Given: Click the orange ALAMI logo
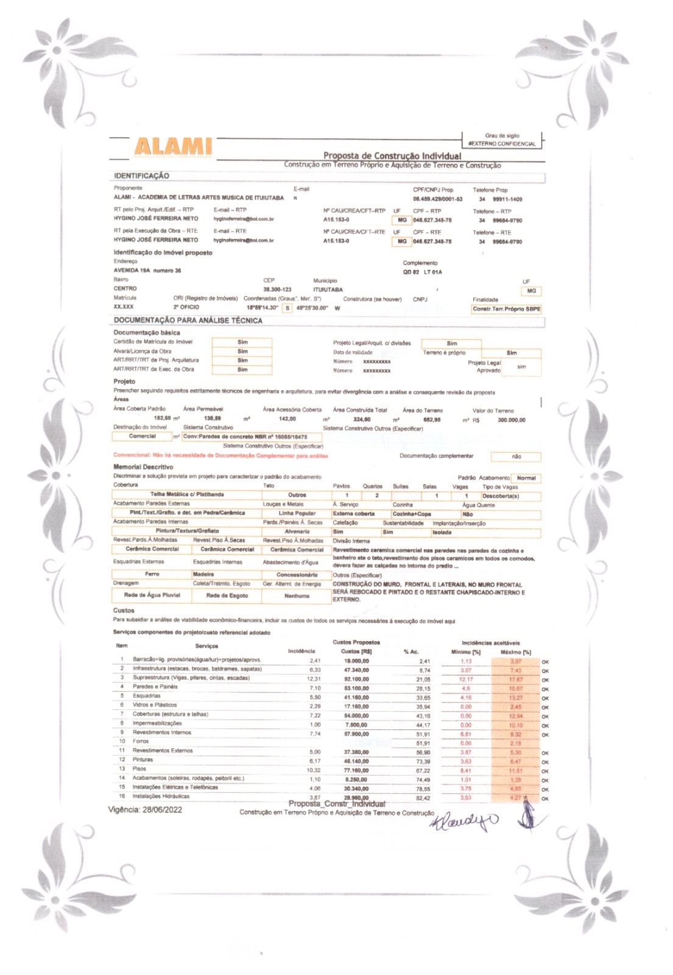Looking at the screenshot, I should (x=173, y=146).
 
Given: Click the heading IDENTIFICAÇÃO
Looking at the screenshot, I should (x=141, y=176).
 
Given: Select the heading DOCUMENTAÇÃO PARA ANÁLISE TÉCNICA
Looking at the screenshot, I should (x=188, y=321).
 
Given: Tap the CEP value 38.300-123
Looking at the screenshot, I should (x=277, y=290).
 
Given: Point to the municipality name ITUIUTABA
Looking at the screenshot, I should (x=328, y=290).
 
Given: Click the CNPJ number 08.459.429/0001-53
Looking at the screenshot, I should (x=437, y=199).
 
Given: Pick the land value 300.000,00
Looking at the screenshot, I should (x=511, y=420).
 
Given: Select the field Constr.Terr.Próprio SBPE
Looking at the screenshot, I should (x=506, y=309).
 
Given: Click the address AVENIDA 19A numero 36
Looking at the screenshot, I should (x=147, y=271).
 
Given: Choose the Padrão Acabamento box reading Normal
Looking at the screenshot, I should (x=526, y=478).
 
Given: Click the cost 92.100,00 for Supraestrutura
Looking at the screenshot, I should (x=356, y=679).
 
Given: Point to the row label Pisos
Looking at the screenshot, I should (x=139, y=769).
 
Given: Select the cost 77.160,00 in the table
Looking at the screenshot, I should (x=356, y=770).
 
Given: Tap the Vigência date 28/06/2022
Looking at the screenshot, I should (x=162, y=810).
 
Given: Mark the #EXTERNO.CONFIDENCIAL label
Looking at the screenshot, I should (x=502, y=144).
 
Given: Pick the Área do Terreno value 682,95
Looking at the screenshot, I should (x=431, y=420).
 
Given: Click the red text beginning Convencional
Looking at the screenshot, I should (x=220, y=456).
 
